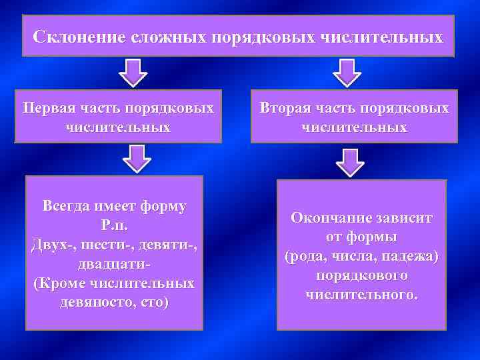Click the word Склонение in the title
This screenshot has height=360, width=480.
(72, 36)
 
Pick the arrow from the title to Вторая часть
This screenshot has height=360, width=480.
(346, 71)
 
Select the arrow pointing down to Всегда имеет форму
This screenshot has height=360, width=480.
(137, 159)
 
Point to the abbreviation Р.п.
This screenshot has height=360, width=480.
(114, 225)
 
